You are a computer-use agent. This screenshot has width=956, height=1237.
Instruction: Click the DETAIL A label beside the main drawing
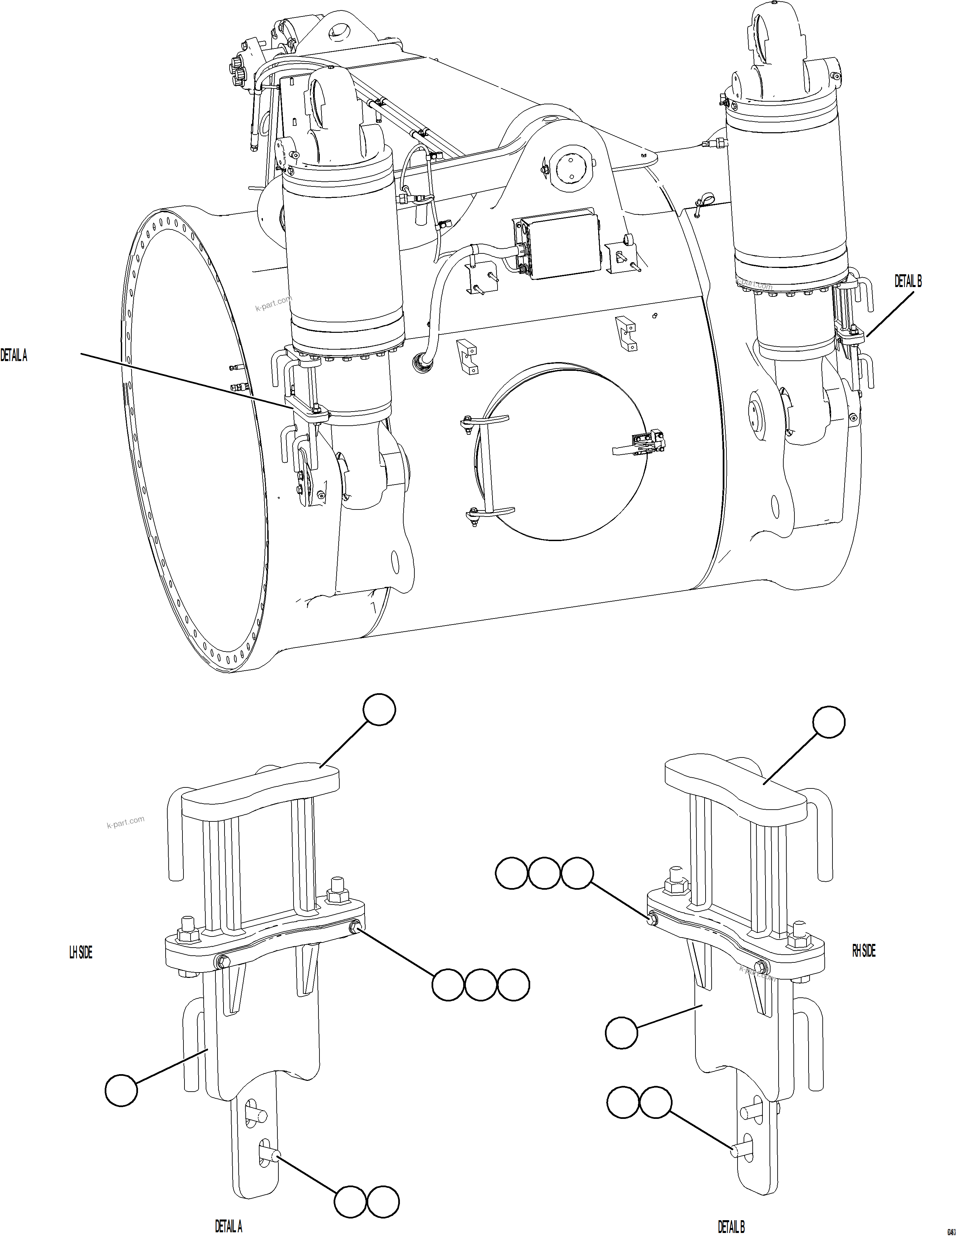point(13,356)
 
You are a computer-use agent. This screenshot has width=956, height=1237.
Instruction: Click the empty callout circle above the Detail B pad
point(828,722)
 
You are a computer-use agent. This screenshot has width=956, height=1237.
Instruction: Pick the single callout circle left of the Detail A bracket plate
point(121,1090)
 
